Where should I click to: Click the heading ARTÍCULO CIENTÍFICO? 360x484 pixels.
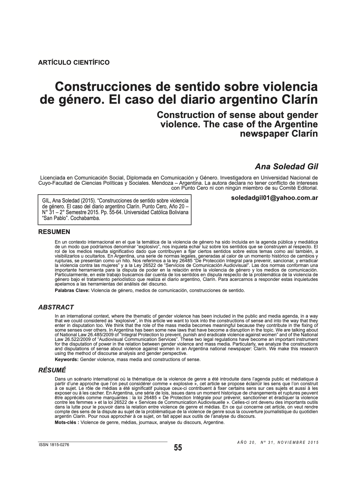point(74,62)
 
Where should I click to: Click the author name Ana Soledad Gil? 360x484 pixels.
point(286,166)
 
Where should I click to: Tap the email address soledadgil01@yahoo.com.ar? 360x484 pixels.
point(274,198)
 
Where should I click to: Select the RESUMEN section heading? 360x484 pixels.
point(54,232)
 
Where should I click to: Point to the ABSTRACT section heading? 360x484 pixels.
point(56,307)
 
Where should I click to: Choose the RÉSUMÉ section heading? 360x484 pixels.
point(52,370)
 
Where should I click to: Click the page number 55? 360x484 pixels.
point(178,448)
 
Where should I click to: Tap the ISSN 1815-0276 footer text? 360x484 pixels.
point(54,445)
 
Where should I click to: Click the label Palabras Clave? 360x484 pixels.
point(72,291)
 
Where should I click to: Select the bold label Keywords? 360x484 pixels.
point(66,360)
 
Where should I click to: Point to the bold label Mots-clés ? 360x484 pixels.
point(67,423)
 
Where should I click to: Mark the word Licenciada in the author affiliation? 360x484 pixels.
point(56,178)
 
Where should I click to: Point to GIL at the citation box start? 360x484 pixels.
point(46,201)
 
